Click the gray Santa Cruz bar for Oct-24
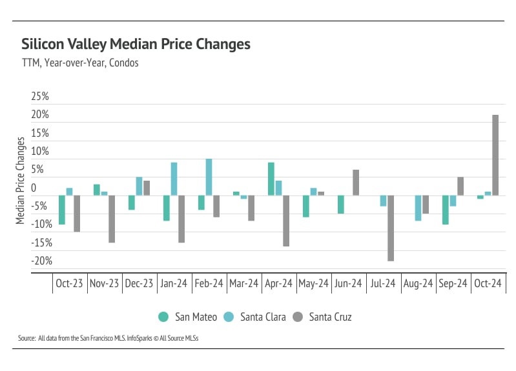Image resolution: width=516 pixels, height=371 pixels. [495, 155]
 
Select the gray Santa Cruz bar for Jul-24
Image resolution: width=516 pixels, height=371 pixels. [391, 228]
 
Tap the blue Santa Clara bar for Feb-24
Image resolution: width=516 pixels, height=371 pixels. [209, 177]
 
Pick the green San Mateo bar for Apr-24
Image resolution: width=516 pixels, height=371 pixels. [271, 179]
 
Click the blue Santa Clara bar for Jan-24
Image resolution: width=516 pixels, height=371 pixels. [174, 179]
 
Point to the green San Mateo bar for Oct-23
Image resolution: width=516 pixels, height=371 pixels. [62, 210]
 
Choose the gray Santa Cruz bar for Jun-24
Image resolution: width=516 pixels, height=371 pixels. [356, 183]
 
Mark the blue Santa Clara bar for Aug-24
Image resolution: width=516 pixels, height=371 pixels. [418, 208]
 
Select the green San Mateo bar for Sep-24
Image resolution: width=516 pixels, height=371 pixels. [446, 210]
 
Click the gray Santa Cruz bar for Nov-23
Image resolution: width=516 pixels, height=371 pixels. [112, 219]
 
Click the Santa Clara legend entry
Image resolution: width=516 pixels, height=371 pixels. [255, 317]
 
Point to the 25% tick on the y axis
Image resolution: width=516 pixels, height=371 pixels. [40, 97]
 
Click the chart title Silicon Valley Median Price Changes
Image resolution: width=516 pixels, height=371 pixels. [136, 45]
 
